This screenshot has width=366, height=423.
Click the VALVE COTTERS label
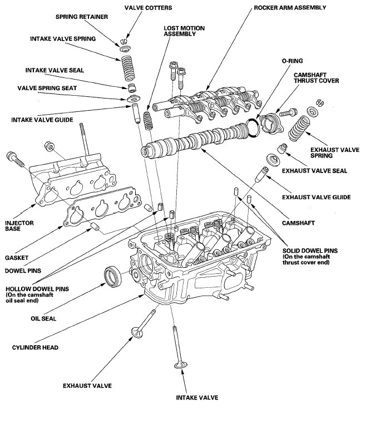click(x=148, y=8)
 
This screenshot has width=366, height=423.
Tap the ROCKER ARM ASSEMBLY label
click(x=290, y=8)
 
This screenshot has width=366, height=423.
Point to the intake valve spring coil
click(x=127, y=68)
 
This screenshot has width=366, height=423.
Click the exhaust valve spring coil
click(x=299, y=129)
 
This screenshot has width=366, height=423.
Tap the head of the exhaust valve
click(x=137, y=332)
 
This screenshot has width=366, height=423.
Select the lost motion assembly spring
click(x=147, y=121)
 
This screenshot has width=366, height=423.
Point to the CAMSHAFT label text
click(x=298, y=223)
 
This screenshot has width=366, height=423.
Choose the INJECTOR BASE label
click(x=19, y=226)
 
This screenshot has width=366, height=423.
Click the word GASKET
click(x=17, y=258)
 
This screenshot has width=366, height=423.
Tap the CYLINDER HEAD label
click(x=35, y=347)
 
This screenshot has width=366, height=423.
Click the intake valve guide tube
click(x=136, y=114)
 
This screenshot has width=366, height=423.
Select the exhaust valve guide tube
click(x=261, y=175)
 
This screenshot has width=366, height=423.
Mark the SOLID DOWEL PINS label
click(x=310, y=250)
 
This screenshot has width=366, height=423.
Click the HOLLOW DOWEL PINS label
click(x=37, y=289)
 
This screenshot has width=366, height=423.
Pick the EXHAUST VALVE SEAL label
click(x=314, y=171)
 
